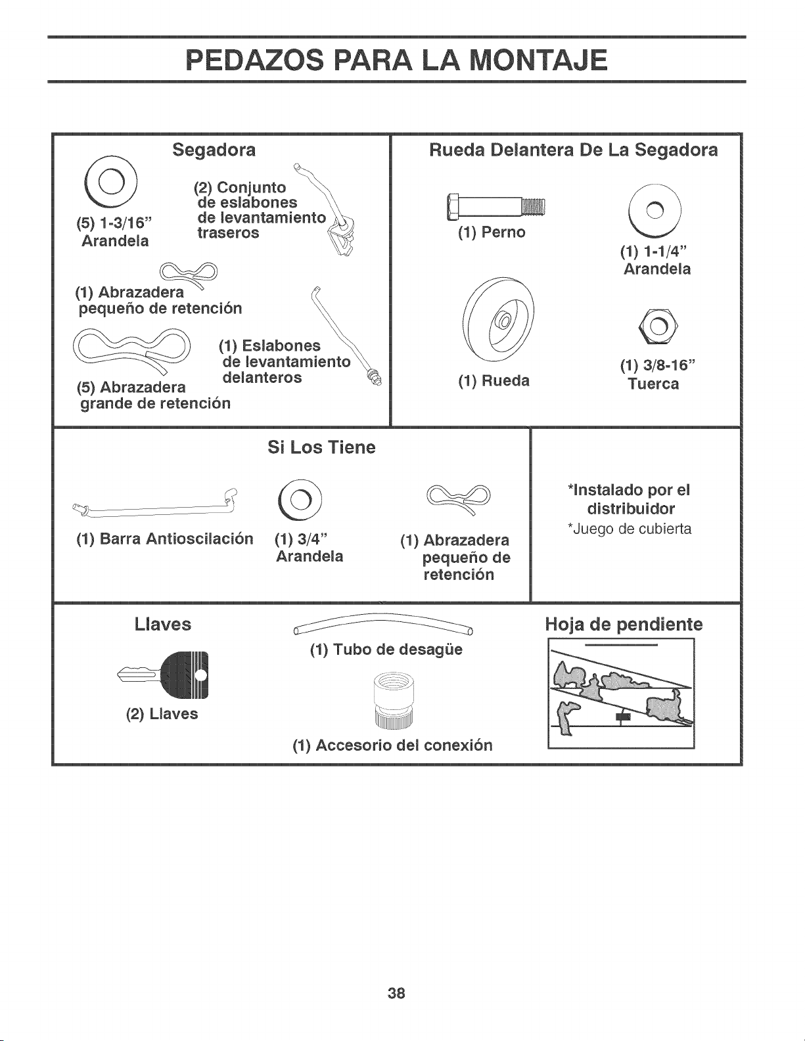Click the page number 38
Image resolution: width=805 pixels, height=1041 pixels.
click(x=396, y=993)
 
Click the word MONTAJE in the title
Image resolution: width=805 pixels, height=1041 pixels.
click(x=539, y=60)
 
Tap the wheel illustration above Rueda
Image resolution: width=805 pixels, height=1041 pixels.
click(x=498, y=320)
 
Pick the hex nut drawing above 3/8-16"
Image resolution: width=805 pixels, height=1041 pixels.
click(x=658, y=326)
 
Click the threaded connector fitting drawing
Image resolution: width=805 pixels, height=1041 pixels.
click(x=392, y=700)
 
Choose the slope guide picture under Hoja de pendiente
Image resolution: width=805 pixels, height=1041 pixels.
click(x=621, y=693)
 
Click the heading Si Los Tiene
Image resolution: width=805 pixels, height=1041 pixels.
click(x=321, y=447)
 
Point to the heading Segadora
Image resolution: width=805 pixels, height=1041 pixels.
click(x=214, y=150)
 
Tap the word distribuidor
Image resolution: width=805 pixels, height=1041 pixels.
click(x=631, y=508)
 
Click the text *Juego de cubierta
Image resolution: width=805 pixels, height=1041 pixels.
click(x=630, y=529)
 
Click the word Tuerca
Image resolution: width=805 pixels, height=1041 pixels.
click(x=654, y=384)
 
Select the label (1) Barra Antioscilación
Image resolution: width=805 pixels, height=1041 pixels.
click(x=165, y=539)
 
